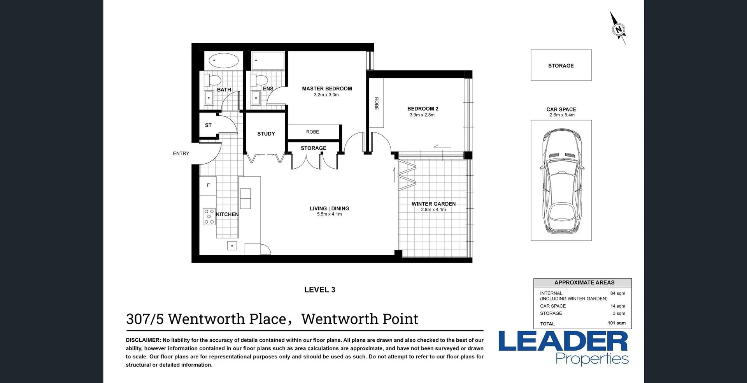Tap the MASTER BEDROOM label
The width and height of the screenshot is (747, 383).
point(327,89)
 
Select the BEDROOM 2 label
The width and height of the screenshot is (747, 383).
point(423,109)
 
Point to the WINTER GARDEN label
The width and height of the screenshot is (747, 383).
point(433,204)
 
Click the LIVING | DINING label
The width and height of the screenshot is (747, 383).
point(329,208)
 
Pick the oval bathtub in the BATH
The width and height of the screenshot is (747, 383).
point(224,61)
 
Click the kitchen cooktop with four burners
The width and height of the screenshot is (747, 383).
point(209,217)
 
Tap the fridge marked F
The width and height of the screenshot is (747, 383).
point(208,185)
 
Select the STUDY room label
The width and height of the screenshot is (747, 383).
point(266,134)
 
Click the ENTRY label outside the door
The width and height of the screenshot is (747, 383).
point(181,154)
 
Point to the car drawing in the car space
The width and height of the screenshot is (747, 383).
point(561,180)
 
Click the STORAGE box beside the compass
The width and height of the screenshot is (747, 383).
point(561,65)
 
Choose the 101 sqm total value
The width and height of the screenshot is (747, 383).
point(616,323)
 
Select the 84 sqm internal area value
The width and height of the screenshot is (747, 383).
point(617,293)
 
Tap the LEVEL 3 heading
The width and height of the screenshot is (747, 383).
point(319,290)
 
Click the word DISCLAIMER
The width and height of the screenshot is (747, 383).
point(143,340)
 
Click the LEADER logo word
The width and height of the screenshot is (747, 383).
point(563,341)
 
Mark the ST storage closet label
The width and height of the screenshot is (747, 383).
point(208,125)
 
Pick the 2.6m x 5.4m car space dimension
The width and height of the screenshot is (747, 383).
point(562,115)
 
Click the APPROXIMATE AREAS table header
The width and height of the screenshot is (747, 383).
point(584,282)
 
